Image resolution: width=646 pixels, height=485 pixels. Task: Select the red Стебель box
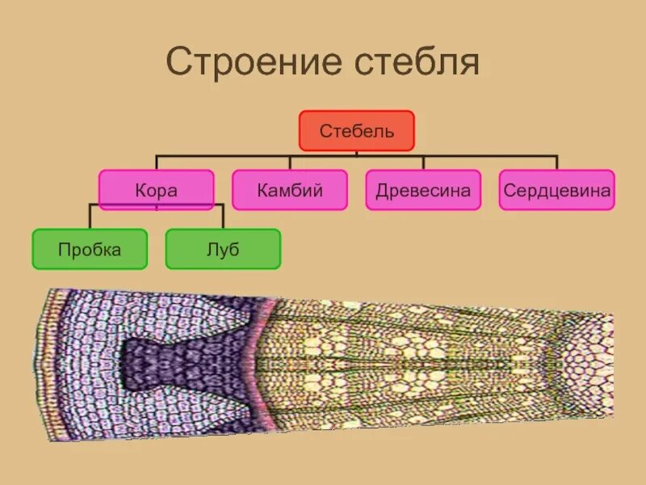point(357,131)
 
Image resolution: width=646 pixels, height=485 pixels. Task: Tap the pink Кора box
point(156,190)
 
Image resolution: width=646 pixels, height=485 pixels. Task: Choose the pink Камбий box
point(290,190)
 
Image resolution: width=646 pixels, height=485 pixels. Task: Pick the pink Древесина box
point(423,190)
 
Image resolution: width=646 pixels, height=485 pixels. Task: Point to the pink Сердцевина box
point(556,190)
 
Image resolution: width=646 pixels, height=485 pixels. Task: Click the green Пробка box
point(90,249)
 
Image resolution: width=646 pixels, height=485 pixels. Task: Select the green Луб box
point(223,249)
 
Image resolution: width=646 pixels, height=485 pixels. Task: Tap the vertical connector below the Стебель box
point(357,153)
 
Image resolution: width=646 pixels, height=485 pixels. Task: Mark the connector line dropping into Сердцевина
point(556,162)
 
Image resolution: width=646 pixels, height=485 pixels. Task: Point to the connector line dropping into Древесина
point(423,162)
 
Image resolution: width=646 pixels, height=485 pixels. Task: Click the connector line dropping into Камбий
point(290,162)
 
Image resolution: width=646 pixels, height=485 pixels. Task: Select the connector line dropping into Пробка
point(90,217)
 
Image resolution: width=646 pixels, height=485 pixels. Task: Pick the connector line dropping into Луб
point(223,217)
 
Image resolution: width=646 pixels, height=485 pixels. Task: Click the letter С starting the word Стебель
point(325,131)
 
